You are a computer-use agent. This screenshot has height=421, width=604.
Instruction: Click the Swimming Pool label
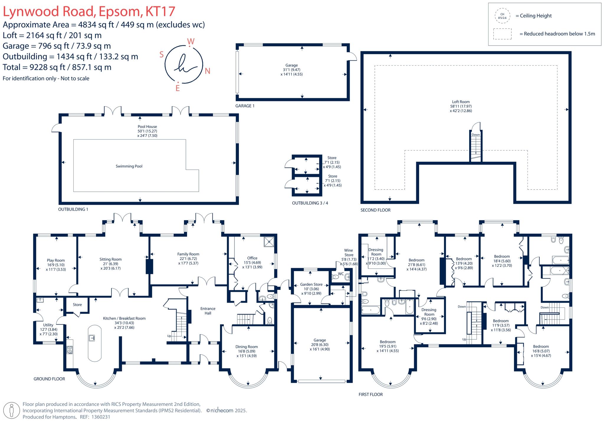pyautogui.click(x=129, y=166)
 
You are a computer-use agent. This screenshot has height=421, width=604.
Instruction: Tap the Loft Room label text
pyautogui.click(x=461, y=102)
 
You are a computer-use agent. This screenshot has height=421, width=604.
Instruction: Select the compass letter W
pyautogui.click(x=191, y=42)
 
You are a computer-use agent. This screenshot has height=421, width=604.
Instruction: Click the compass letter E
pyautogui.click(x=178, y=88)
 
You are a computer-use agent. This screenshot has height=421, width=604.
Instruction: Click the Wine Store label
pyautogui.click(x=349, y=253)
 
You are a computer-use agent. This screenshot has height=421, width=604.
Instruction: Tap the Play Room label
pyautogui.click(x=56, y=260)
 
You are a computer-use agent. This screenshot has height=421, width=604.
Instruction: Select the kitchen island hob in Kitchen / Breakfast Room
pyautogui.click(x=92, y=338)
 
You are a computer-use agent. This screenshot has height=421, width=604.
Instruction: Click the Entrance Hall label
pyautogui.click(x=208, y=311)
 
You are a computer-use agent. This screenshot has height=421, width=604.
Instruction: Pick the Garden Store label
pyautogui.click(x=311, y=284)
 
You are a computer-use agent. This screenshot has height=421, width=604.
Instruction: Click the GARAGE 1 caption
pyautogui.click(x=245, y=106)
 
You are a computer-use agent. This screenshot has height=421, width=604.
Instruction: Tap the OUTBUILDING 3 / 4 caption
pyautogui.click(x=310, y=203)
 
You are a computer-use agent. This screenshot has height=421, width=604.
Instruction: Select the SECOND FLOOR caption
pyautogui.click(x=375, y=210)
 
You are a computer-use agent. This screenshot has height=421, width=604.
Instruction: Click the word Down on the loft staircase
pyautogui.click(x=476, y=135)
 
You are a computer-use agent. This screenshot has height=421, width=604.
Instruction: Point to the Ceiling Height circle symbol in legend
pyautogui.click(x=502, y=16)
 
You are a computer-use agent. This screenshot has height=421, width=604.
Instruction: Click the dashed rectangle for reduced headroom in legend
pyautogui.click(x=502, y=34)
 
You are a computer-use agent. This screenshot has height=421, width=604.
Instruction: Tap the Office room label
pyautogui.click(x=252, y=258)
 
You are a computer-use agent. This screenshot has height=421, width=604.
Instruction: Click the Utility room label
pyautogui.click(x=48, y=325)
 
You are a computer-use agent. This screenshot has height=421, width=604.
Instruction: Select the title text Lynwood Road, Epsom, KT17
pyautogui.click(x=89, y=12)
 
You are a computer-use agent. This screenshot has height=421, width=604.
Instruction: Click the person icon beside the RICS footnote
pyautogui.click(x=12, y=410)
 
